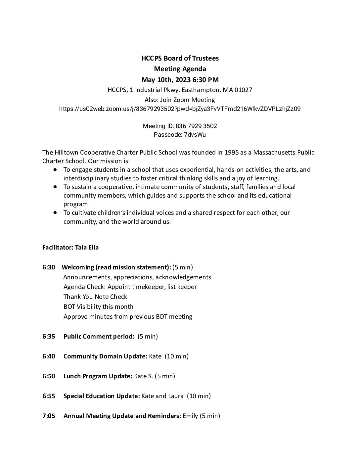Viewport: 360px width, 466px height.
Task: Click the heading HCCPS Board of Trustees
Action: click(180, 59)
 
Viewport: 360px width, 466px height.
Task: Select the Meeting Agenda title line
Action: click(180, 69)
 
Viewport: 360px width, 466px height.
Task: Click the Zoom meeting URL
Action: click(180, 109)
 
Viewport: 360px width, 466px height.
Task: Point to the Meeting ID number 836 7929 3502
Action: click(196, 126)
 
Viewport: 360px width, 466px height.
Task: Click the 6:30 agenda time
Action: click(49, 267)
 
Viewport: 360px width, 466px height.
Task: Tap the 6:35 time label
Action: click(49, 337)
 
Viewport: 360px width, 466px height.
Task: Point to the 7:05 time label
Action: click(49, 416)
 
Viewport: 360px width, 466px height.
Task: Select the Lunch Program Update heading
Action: click(98, 376)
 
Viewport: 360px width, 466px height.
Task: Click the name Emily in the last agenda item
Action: click(190, 416)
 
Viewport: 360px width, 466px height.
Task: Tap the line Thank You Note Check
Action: click(95, 297)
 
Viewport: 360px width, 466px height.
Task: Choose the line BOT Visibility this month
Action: click(98, 307)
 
